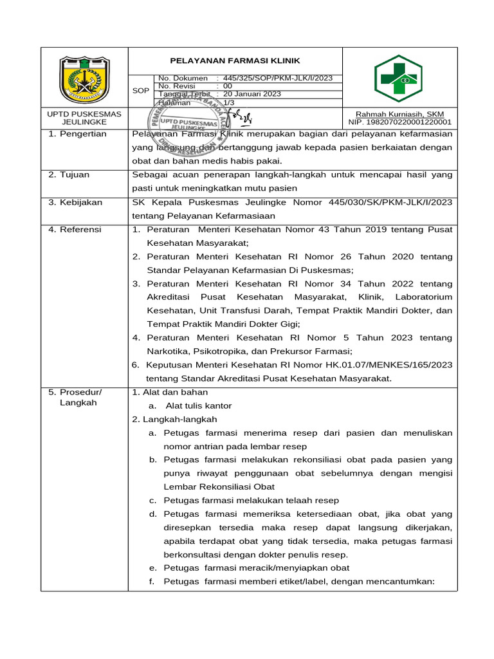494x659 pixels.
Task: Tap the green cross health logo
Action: (399, 79)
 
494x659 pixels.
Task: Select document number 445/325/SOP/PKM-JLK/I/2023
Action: (277, 79)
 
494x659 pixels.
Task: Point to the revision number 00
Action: (227, 86)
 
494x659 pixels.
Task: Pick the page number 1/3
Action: (228, 102)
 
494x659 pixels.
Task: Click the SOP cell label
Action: (140, 91)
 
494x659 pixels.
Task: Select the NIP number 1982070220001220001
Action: (399, 122)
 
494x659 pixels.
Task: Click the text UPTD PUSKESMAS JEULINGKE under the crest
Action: (84, 118)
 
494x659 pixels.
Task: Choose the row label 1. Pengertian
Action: (78, 135)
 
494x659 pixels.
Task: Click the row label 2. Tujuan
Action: (69, 175)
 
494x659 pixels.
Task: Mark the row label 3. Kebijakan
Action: (76, 202)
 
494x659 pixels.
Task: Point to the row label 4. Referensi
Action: (76, 230)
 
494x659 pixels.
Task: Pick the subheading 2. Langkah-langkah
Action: (174, 419)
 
